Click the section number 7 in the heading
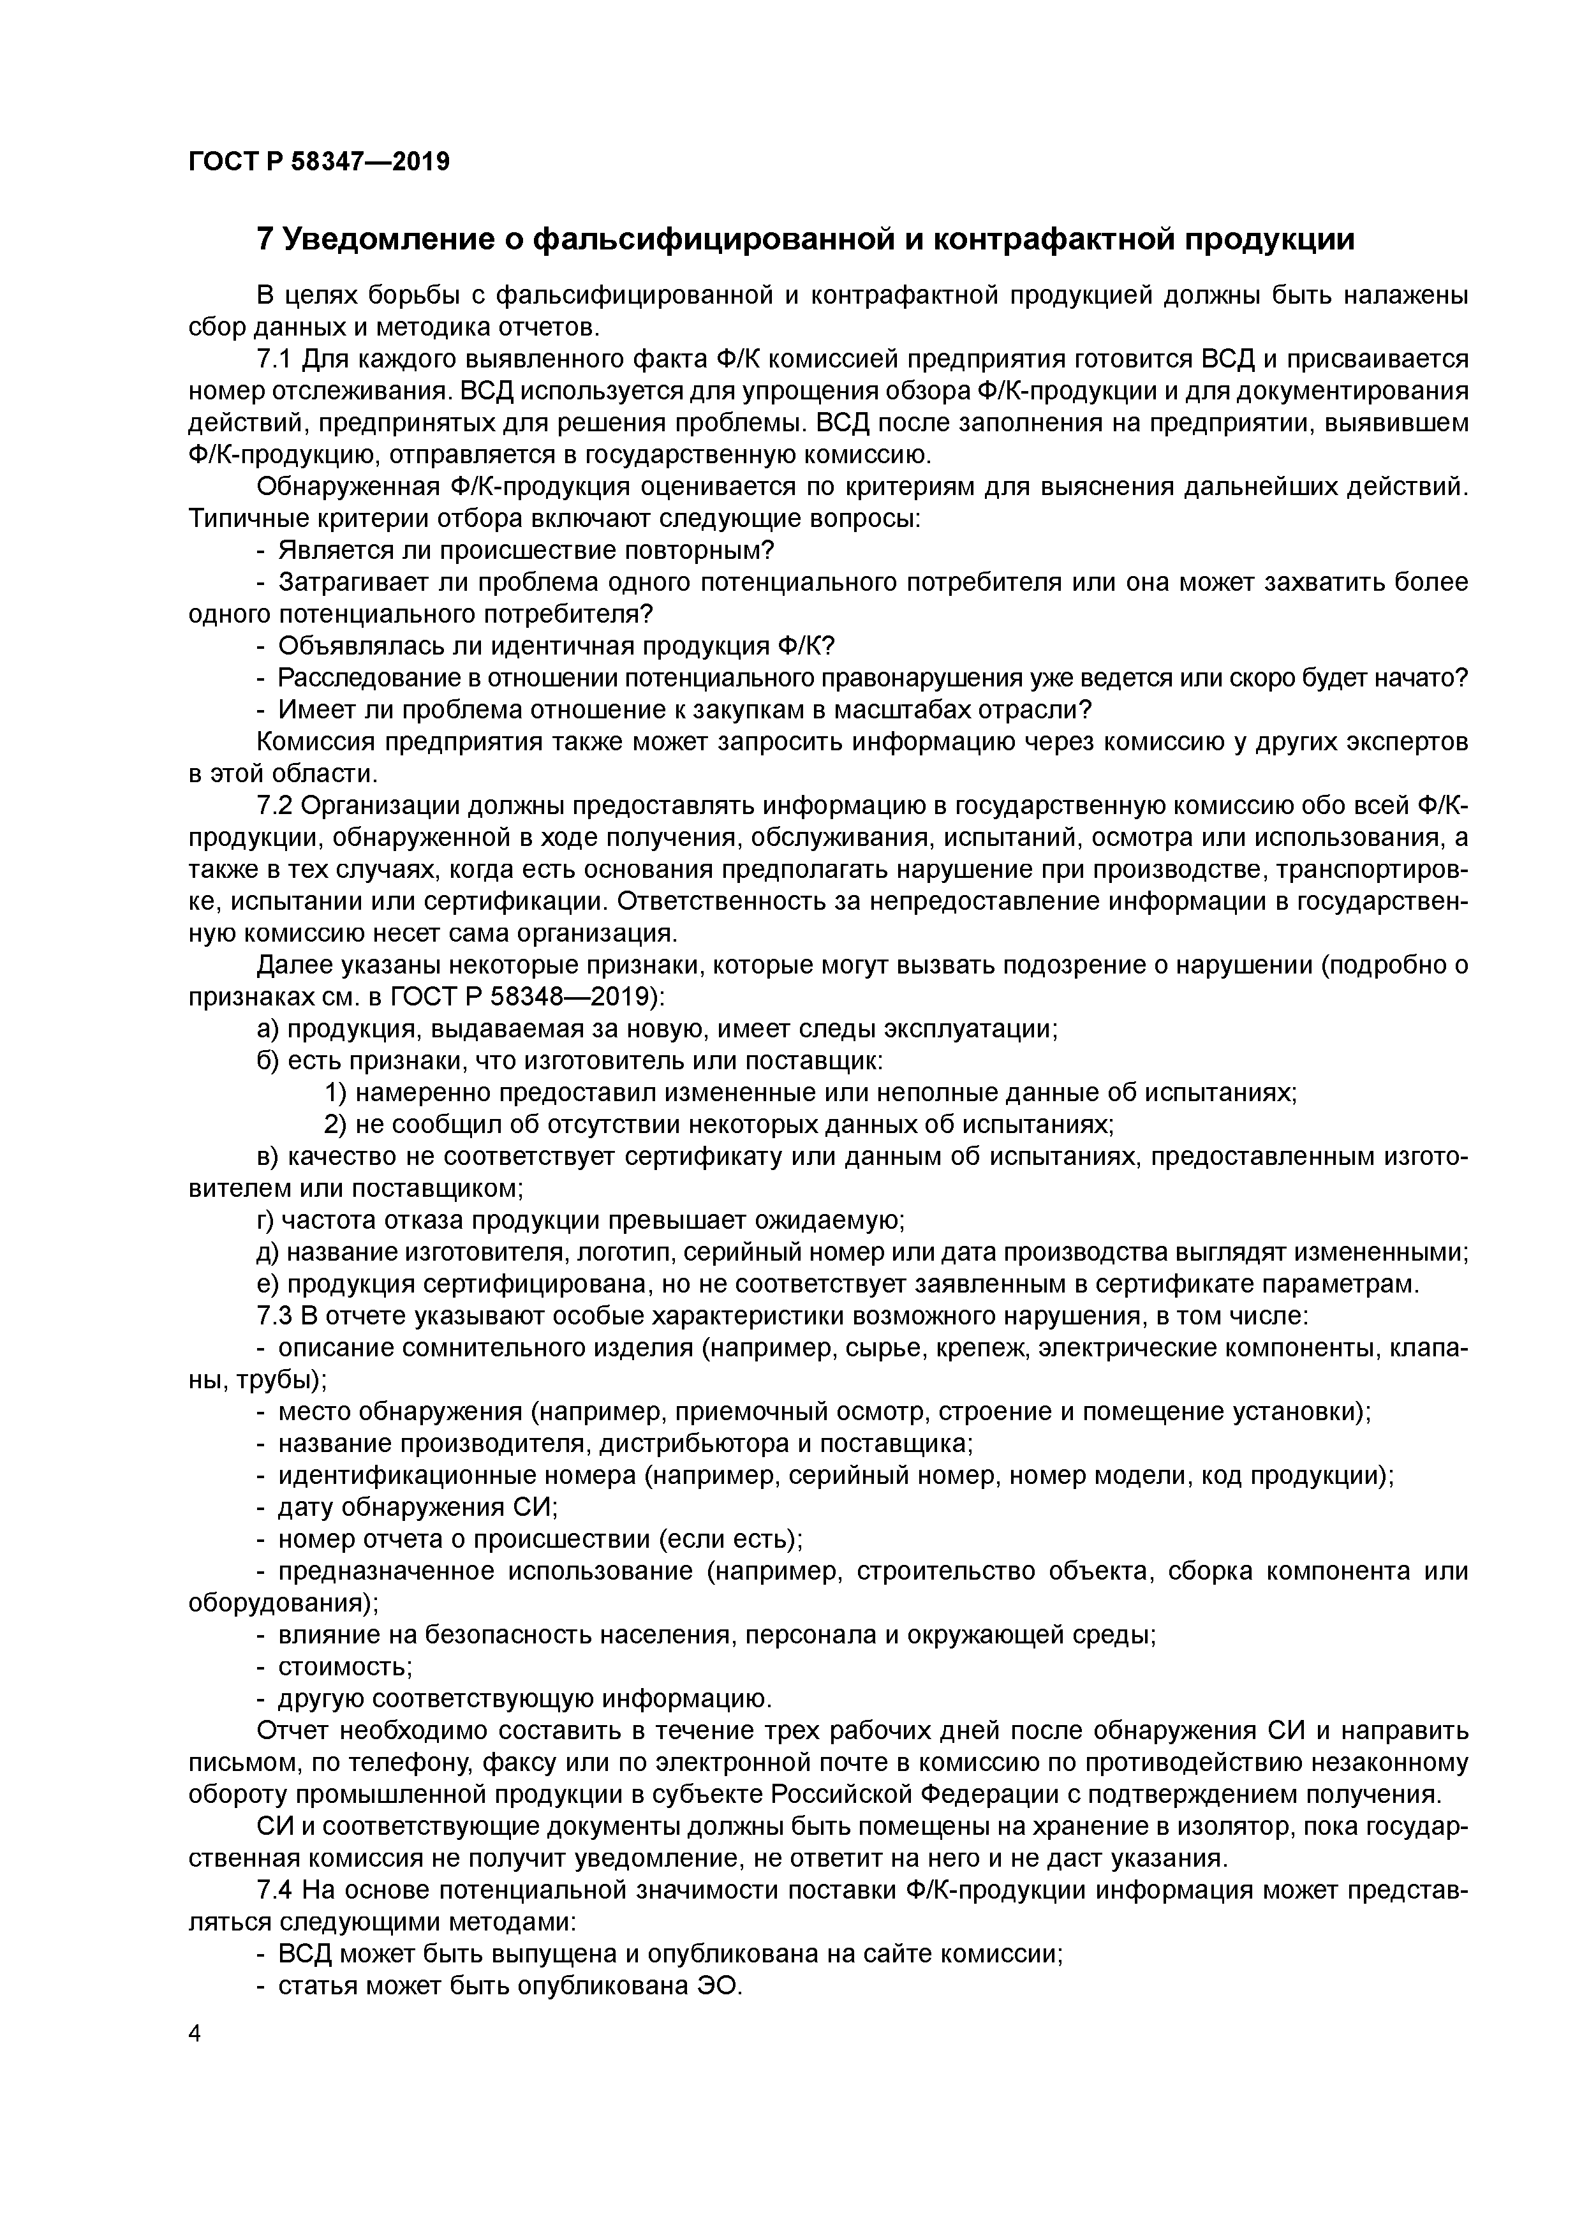(264, 239)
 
